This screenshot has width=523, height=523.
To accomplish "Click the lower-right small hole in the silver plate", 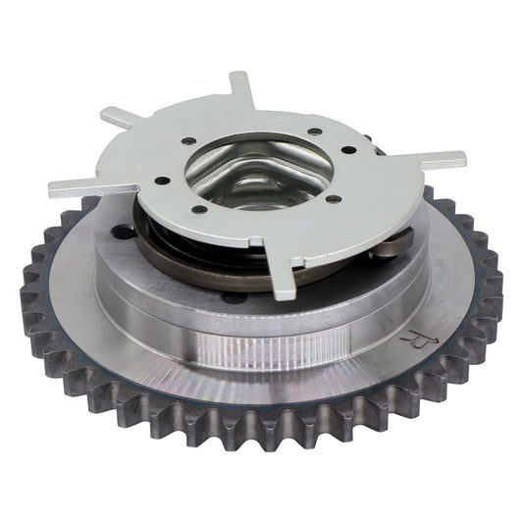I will (x=333, y=199).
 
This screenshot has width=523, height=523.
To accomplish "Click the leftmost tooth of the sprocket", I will (x=29, y=294).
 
